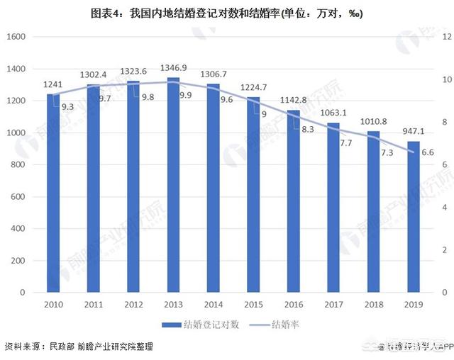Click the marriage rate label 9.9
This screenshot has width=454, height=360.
tap(186, 94)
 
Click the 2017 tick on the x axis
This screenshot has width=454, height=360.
tap(333, 305)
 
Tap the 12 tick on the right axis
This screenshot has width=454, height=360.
tap(447, 37)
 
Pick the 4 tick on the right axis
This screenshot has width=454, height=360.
tap(445, 207)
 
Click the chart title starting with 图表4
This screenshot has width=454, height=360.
tap(227, 13)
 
